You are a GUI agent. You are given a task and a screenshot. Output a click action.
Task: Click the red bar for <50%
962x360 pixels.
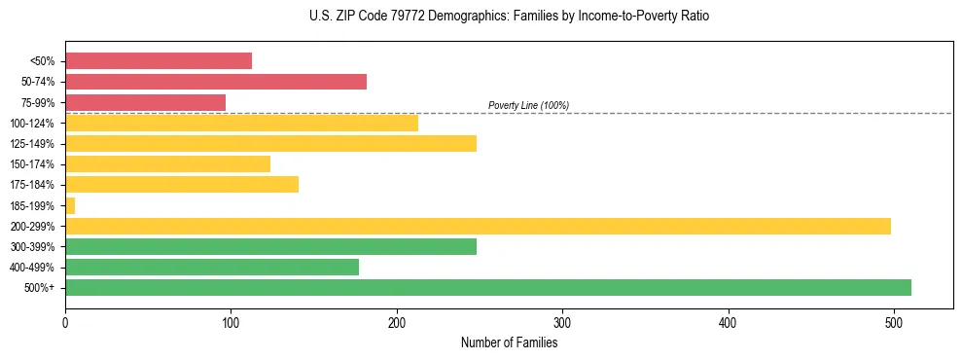click(x=159, y=61)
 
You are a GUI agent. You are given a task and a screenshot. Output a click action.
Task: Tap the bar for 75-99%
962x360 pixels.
click(x=145, y=102)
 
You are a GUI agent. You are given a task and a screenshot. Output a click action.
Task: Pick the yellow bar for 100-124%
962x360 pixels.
click(x=241, y=123)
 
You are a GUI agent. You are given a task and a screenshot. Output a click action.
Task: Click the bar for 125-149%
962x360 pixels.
click(x=270, y=143)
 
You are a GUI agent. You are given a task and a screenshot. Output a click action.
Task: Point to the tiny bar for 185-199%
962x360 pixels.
click(x=70, y=205)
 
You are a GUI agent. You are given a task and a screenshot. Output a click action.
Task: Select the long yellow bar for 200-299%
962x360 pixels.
click(x=478, y=226)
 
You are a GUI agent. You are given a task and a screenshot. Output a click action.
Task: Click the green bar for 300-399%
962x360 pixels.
click(x=270, y=246)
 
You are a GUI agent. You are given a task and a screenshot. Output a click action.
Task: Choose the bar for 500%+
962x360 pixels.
click(x=488, y=287)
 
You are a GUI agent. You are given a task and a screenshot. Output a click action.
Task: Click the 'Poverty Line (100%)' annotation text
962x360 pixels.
click(x=528, y=105)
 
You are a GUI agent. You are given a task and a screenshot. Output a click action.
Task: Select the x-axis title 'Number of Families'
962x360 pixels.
click(x=509, y=342)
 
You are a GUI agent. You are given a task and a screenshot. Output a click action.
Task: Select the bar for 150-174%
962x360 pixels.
click(x=167, y=163)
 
